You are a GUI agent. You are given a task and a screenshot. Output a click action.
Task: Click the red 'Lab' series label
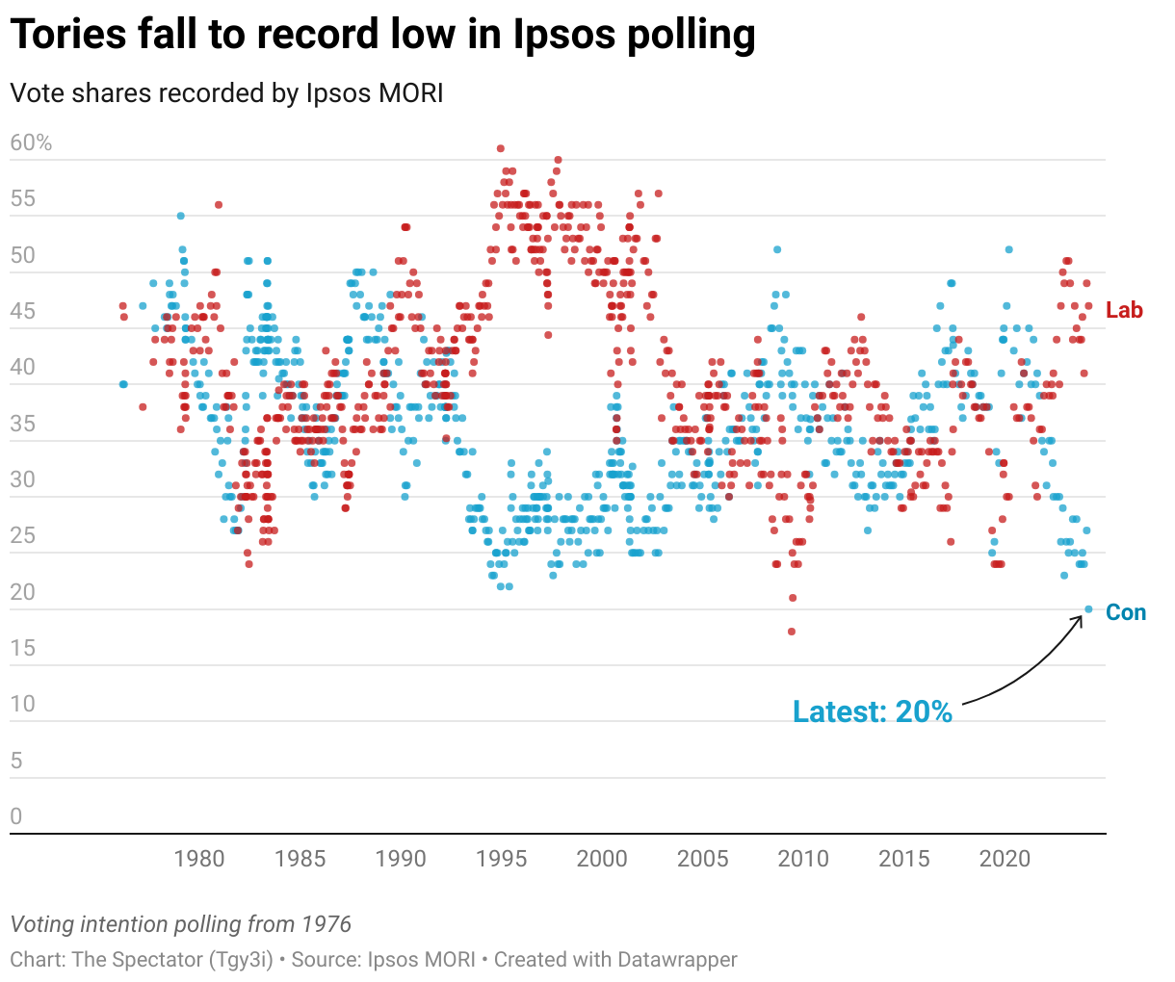(x=1124, y=310)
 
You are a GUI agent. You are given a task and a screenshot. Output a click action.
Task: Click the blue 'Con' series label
(x=1126, y=612)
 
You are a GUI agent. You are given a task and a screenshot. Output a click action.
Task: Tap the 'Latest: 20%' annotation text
(x=872, y=711)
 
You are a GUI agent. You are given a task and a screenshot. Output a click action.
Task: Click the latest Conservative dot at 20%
(x=1088, y=608)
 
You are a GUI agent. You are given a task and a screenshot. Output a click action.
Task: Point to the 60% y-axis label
(x=31, y=143)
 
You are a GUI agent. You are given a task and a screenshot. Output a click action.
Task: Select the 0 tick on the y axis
(x=16, y=817)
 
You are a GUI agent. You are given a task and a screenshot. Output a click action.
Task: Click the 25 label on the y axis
(x=23, y=536)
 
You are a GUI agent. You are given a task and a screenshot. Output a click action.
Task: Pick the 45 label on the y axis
(x=23, y=311)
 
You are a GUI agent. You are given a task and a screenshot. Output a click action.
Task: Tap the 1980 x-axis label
(x=199, y=858)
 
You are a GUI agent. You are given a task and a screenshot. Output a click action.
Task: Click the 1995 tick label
(x=501, y=858)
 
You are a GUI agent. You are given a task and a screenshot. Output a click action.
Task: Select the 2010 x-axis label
(x=803, y=858)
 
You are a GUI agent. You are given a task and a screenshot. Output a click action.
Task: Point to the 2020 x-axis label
(x=1005, y=858)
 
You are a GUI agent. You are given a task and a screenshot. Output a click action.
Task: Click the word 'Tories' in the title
(x=67, y=36)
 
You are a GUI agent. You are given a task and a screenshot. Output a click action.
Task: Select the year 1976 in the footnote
(x=326, y=925)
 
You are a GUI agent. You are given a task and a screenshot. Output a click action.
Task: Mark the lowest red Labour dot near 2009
(x=792, y=632)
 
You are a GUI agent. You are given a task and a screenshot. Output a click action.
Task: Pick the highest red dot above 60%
(x=501, y=148)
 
